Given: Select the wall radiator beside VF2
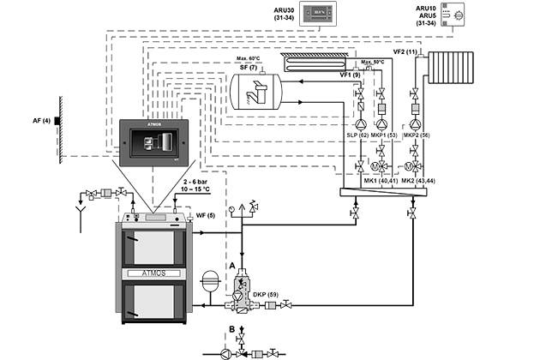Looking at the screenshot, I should tap(452, 68).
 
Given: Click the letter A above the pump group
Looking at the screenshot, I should tap(231, 267).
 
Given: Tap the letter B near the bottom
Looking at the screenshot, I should tap(232, 328).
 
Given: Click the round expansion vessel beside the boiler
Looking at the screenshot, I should tap(207, 284).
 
